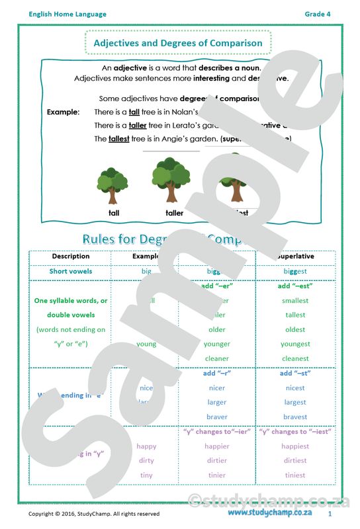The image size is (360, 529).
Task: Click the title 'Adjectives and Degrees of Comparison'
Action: (178, 43)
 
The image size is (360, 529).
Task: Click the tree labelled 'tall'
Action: (112, 186)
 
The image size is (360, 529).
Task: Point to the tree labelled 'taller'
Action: (172, 179)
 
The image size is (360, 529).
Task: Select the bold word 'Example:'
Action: (63, 112)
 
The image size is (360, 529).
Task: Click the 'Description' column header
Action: (71, 256)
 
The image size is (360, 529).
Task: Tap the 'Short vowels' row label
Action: (71, 271)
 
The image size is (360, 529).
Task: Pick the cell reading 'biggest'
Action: (294, 271)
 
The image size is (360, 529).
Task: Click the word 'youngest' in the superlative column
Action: (294, 344)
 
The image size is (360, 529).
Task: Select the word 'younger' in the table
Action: (216, 344)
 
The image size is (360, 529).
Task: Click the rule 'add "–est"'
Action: (294, 286)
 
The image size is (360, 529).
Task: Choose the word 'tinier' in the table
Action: (216, 475)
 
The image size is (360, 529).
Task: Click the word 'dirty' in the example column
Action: (146, 461)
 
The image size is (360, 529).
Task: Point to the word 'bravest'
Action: (294, 417)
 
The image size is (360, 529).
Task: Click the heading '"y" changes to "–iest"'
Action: (294, 432)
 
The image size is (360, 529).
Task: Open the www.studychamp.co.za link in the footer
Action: (270, 513)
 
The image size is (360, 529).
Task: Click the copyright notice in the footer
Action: (93, 514)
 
